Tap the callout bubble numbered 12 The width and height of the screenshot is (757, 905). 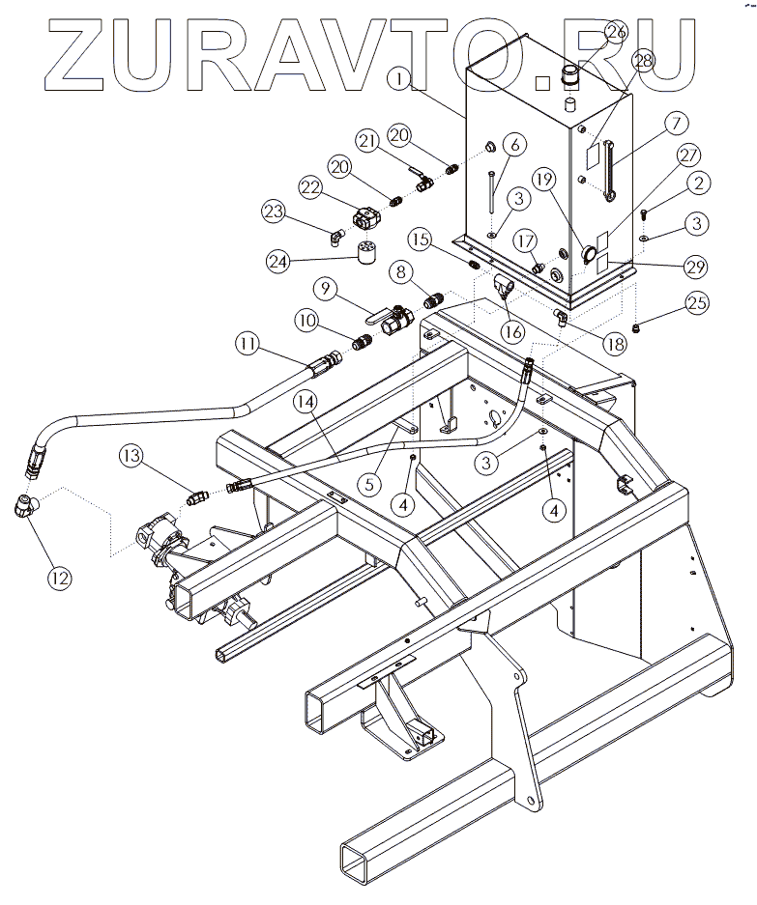(60, 578)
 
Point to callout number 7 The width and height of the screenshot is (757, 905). (675, 123)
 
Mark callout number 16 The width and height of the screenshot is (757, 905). (512, 330)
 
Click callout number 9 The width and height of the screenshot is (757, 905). (324, 288)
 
